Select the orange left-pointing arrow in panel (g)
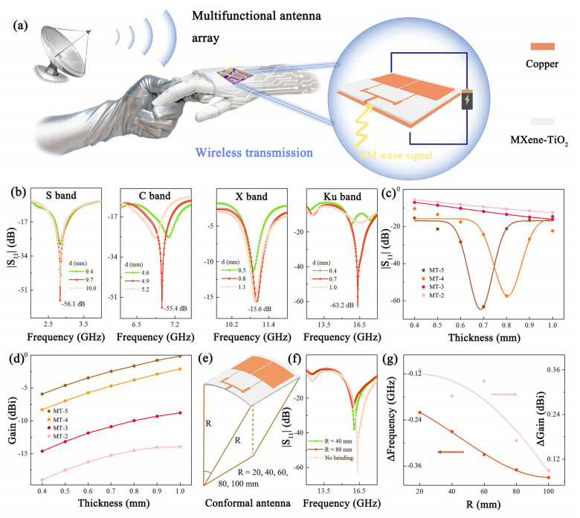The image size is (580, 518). [x=449, y=452]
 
